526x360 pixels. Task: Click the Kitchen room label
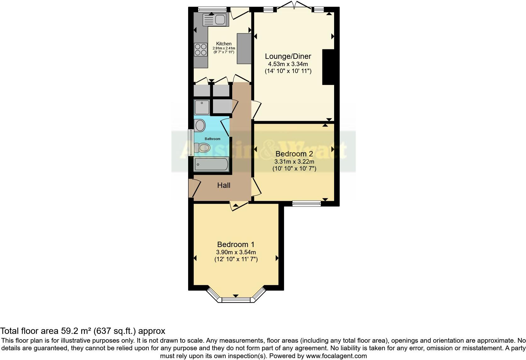(x=224, y=44)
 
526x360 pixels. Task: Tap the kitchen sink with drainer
(x=215, y=20)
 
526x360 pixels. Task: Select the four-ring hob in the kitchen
(x=200, y=49)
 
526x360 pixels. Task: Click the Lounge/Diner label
(x=288, y=56)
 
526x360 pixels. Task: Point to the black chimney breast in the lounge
(x=328, y=67)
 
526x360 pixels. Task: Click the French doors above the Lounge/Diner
(x=294, y=6)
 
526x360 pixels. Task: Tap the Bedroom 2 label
(x=294, y=154)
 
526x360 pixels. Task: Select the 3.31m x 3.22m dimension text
(x=294, y=161)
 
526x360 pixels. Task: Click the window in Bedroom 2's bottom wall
(x=306, y=203)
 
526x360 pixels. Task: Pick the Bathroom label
(x=213, y=139)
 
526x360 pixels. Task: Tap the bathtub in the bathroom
(x=211, y=164)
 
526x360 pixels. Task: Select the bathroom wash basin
(x=200, y=126)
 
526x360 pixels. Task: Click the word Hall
(x=224, y=185)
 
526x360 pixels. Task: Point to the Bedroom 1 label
(x=236, y=245)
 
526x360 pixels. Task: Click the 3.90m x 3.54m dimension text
(x=236, y=252)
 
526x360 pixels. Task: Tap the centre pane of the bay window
(x=236, y=300)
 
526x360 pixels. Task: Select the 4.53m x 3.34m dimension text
(x=288, y=64)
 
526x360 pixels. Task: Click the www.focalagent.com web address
(x=336, y=356)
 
